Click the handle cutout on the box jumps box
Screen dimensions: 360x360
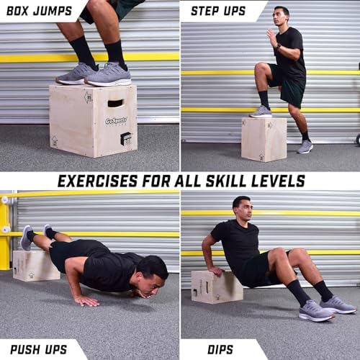pos(115,103)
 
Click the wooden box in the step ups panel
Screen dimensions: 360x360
pos(264,139)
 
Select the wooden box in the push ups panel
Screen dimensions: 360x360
pos(35,265)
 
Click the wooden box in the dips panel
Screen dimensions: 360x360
pos(216,287)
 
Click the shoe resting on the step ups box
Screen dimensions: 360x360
pos(261,112)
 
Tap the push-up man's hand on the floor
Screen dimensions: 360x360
pos(86,300)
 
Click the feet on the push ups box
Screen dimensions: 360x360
pos(37,235)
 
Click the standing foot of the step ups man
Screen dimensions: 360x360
pos(306,146)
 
